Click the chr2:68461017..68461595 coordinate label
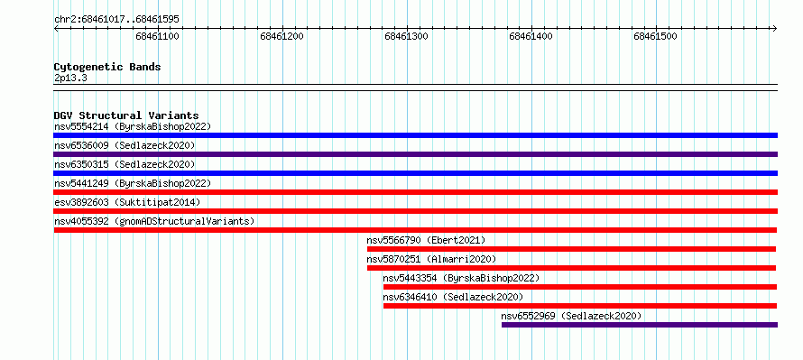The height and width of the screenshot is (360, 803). click(116, 20)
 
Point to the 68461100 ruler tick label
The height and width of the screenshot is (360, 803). click(157, 36)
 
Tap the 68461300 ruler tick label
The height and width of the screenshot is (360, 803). click(406, 36)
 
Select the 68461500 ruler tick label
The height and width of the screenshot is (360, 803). click(655, 36)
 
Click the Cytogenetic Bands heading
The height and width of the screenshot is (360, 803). click(107, 67)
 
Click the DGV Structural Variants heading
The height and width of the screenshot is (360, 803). click(126, 115)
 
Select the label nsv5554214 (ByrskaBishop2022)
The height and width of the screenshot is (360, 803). click(133, 126)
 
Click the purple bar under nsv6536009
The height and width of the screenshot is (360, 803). click(415, 154)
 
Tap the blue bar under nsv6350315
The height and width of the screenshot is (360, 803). click(415, 173)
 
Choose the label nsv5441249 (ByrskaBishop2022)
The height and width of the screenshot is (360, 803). click(133, 183)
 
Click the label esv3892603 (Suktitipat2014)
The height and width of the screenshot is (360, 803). click(127, 202)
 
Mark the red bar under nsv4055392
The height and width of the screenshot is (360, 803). click(415, 230)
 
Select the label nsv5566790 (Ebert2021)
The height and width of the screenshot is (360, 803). click(426, 240)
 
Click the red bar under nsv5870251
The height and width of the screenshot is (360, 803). click(571, 268)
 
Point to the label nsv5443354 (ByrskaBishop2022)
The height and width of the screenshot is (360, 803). click(461, 278)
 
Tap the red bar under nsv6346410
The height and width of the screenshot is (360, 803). click(580, 306)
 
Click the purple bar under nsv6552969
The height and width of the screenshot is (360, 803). click(640, 325)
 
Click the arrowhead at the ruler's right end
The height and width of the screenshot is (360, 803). click(775, 28)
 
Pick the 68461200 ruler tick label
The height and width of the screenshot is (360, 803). click(282, 36)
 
